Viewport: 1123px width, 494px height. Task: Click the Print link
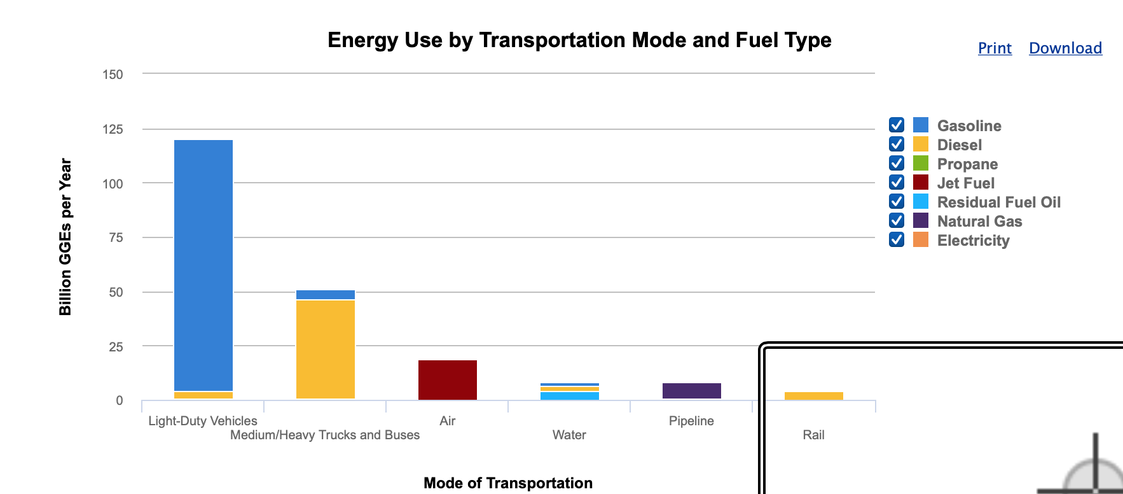[995, 48]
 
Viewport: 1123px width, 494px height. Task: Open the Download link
[1065, 48]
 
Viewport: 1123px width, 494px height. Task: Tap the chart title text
[579, 40]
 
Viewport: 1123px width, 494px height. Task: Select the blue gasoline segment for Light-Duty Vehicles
[203, 264]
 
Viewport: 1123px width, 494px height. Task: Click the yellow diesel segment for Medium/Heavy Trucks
[326, 349]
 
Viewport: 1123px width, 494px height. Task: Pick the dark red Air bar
[448, 380]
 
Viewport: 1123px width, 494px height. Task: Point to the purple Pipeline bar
[692, 391]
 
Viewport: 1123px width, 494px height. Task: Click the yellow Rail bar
[814, 396]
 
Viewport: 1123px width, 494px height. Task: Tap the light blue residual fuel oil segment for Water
[570, 396]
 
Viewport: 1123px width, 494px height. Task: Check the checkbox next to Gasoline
[897, 125]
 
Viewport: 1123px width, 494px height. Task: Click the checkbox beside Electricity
[897, 239]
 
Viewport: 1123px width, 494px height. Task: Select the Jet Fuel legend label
[965, 183]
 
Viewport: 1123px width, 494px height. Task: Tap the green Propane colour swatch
[921, 164]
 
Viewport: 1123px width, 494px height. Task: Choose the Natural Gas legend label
[979, 222]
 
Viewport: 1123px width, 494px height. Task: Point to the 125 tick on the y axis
[113, 129]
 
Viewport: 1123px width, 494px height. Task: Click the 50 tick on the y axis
[116, 292]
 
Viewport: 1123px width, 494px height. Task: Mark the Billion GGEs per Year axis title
[65, 237]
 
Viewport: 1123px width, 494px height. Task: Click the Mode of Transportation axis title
[508, 483]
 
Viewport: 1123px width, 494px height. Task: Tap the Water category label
[569, 435]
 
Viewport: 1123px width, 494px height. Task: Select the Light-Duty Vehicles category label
[203, 421]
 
